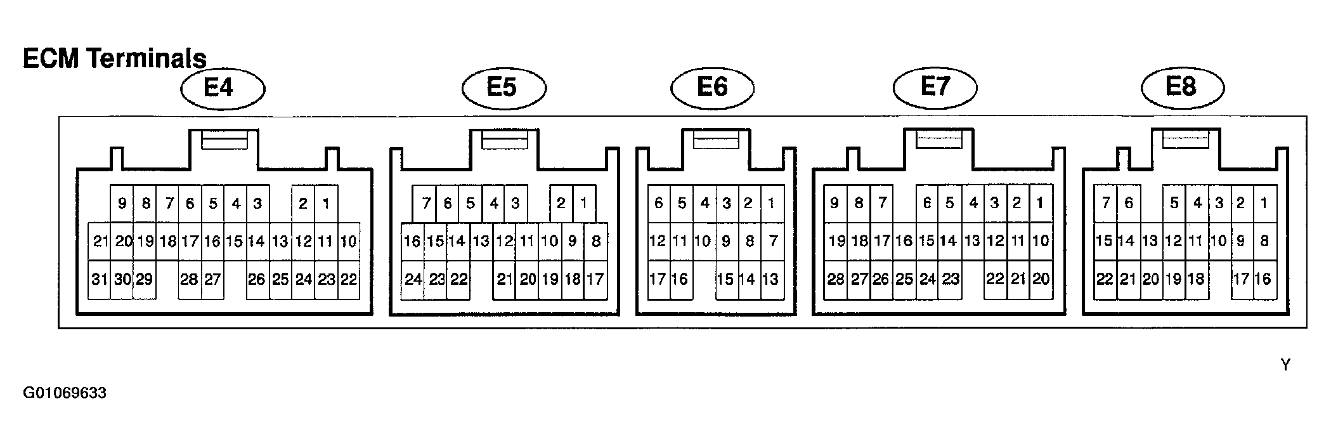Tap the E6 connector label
click(x=713, y=88)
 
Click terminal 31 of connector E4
click(x=99, y=279)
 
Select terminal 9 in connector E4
click(x=122, y=204)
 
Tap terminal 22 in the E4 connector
click(x=349, y=279)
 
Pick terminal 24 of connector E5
click(x=413, y=279)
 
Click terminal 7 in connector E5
click(x=424, y=204)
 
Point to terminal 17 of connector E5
click(x=595, y=279)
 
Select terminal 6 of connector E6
click(x=659, y=204)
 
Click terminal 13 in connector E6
click(x=772, y=279)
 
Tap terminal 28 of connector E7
click(x=835, y=279)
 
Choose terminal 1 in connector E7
click(x=1041, y=204)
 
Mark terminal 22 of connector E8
click(x=1105, y=279)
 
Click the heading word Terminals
click(x=147, y=58)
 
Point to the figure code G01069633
click(x=65, y=393)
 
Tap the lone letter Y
click(x=1285, y=365)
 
